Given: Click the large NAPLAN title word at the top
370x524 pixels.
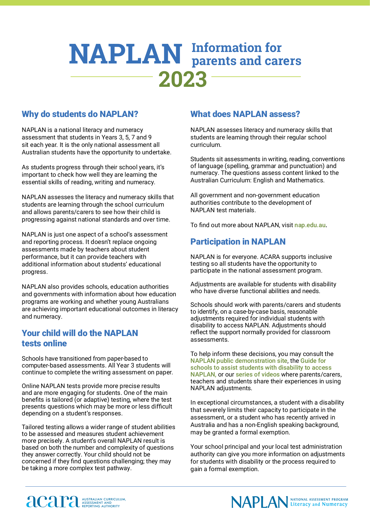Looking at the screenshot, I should click(x=125, y=54).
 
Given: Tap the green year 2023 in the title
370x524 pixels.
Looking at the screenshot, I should click(x=183, y=79).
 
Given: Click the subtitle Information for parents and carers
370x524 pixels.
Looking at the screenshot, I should click(x=246, y=54).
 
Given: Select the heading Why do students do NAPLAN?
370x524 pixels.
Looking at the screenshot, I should click(x=80, y=114).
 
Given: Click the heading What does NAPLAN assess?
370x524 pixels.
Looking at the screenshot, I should click(x=245, y=114).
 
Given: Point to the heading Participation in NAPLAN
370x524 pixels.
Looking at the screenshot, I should click(x=238, y=242).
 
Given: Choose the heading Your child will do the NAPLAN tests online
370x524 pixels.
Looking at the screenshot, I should click(x=80, y=338).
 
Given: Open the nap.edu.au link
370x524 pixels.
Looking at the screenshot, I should click(x=310, y=225).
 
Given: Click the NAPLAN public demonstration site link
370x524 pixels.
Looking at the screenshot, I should click(x=239, y=361).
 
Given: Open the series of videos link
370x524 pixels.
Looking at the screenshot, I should click(x=258, y=374).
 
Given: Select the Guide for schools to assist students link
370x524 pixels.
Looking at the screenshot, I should click(x=261, y=367).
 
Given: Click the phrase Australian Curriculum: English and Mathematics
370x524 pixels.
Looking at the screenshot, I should click(x=257, y=180).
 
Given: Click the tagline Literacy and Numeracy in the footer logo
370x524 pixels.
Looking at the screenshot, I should click(x=319, y=504).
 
